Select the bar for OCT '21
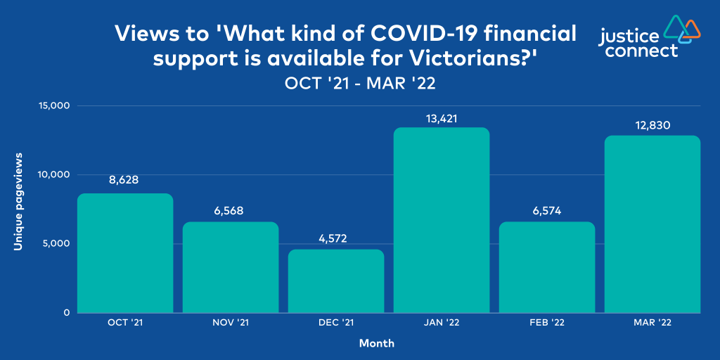point(125,253)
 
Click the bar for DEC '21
point(336,281)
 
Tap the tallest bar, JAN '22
point(442,220)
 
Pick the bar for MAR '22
point(652,224)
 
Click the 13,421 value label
point(442,119)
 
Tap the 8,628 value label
point(124,180)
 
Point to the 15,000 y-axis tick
point(53,106)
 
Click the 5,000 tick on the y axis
point(56,243)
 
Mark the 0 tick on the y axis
point(67,313)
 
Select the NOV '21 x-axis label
point(231,323)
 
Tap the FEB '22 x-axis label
point(547,323)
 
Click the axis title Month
point(377,342)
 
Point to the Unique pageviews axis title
point(18,208)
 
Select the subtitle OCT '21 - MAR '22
point(359,84)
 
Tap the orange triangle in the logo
point(691,27)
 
